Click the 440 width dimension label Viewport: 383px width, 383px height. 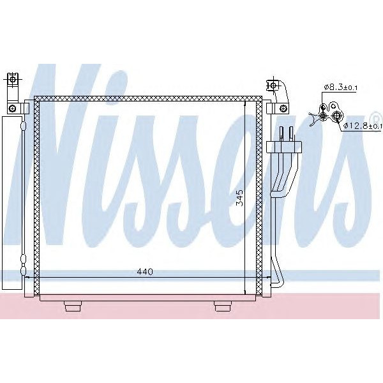click(145, 272)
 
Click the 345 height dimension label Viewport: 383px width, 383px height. click(239, 197)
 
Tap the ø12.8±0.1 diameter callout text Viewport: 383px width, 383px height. click(362, 126)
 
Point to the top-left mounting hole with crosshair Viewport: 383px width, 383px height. click(11, 81)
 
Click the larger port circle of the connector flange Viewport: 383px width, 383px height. click(336, 116)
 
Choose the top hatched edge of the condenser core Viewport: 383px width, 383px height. click(147, 98)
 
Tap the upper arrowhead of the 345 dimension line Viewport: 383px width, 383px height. click(246, 103)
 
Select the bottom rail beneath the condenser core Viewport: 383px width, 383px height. click(147, 298)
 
